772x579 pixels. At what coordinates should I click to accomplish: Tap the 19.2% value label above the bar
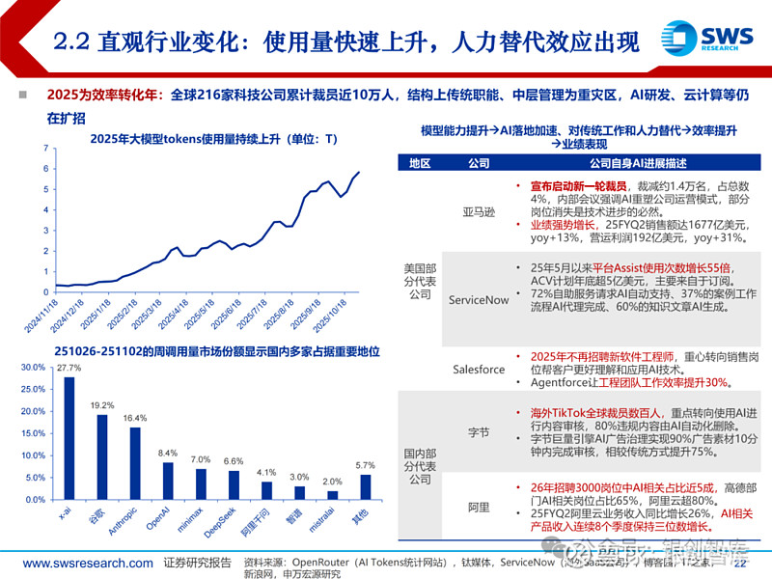coord(101,406)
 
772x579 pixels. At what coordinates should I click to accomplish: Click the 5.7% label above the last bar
coord(364,465)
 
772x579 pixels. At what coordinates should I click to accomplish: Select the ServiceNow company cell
coord(479,300)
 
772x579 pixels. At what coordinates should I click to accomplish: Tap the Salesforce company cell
coord(479,370)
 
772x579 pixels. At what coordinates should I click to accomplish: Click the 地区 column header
coord(420,163)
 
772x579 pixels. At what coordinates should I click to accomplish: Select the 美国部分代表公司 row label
coord(420,280)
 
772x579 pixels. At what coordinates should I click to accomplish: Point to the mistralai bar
coord(331,495)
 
